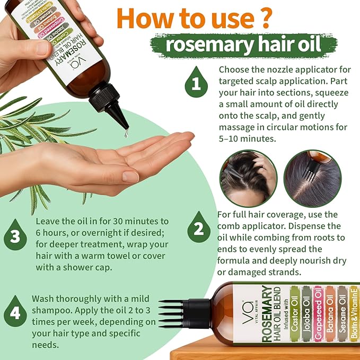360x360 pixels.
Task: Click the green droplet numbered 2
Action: click(198, 230)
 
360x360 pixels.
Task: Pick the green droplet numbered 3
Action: click(16, 236)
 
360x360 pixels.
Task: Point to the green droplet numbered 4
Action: click(16, 312)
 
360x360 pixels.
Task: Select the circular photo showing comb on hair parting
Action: click(312, 178)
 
